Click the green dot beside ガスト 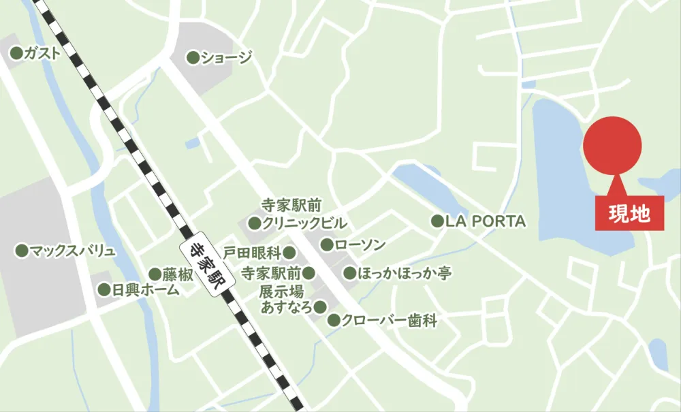point(16,52)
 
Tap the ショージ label point(225,58)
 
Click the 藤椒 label point(178,274)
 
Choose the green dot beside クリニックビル point(254,223)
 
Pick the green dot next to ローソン point(327,244)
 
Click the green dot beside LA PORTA point(437,221)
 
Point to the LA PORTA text point(486,221)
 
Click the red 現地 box point(629,215)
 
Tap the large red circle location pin point(612,146)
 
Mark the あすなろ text point(287,307)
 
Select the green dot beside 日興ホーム point(104,290)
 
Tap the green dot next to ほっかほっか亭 point(349,274)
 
